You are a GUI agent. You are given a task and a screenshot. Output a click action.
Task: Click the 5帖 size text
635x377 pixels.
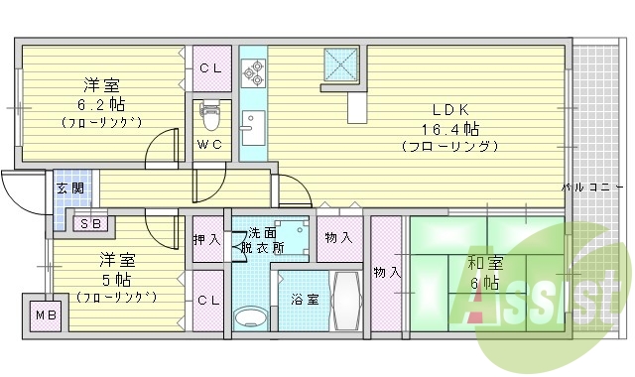point(117,279)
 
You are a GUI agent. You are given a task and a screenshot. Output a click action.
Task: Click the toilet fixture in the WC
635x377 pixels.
point(209,116)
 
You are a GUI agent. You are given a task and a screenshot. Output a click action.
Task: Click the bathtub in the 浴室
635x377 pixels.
point(347,300)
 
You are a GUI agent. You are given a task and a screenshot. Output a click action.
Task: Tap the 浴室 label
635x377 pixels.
point(304,300)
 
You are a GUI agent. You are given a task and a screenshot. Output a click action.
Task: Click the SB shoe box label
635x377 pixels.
point(89,222)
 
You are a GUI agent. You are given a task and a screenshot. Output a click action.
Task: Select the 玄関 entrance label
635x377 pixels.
point(68,188)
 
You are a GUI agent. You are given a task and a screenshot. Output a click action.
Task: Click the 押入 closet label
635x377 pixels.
point(207,239)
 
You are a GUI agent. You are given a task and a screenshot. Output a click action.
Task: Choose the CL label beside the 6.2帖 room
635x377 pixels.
point(209,67)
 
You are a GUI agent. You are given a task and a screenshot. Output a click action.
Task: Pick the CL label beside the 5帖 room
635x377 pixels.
point(208,300)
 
